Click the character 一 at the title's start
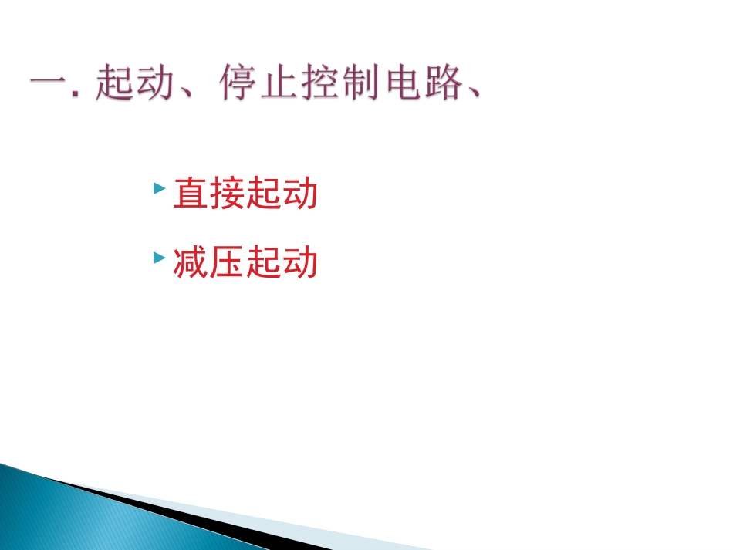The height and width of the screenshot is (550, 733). pyautogui.click(x=49, y=86)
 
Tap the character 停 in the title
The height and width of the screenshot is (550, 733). pyautogui.click(x=238, y=84)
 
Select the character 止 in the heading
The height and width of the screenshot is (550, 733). pyautogui.click(x=279, y=84)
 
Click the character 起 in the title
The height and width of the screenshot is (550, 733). pyautogui.click(x=114, y=84)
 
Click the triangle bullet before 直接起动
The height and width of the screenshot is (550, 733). pyautogui.click(x=158, y=187)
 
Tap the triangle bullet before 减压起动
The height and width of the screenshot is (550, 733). pyautogui.click(x=158, y=257)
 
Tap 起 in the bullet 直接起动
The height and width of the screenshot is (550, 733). pyautogui.click(x=263, y=194)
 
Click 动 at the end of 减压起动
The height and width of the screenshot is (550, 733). pyautogui.click(x=300, y=263)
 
